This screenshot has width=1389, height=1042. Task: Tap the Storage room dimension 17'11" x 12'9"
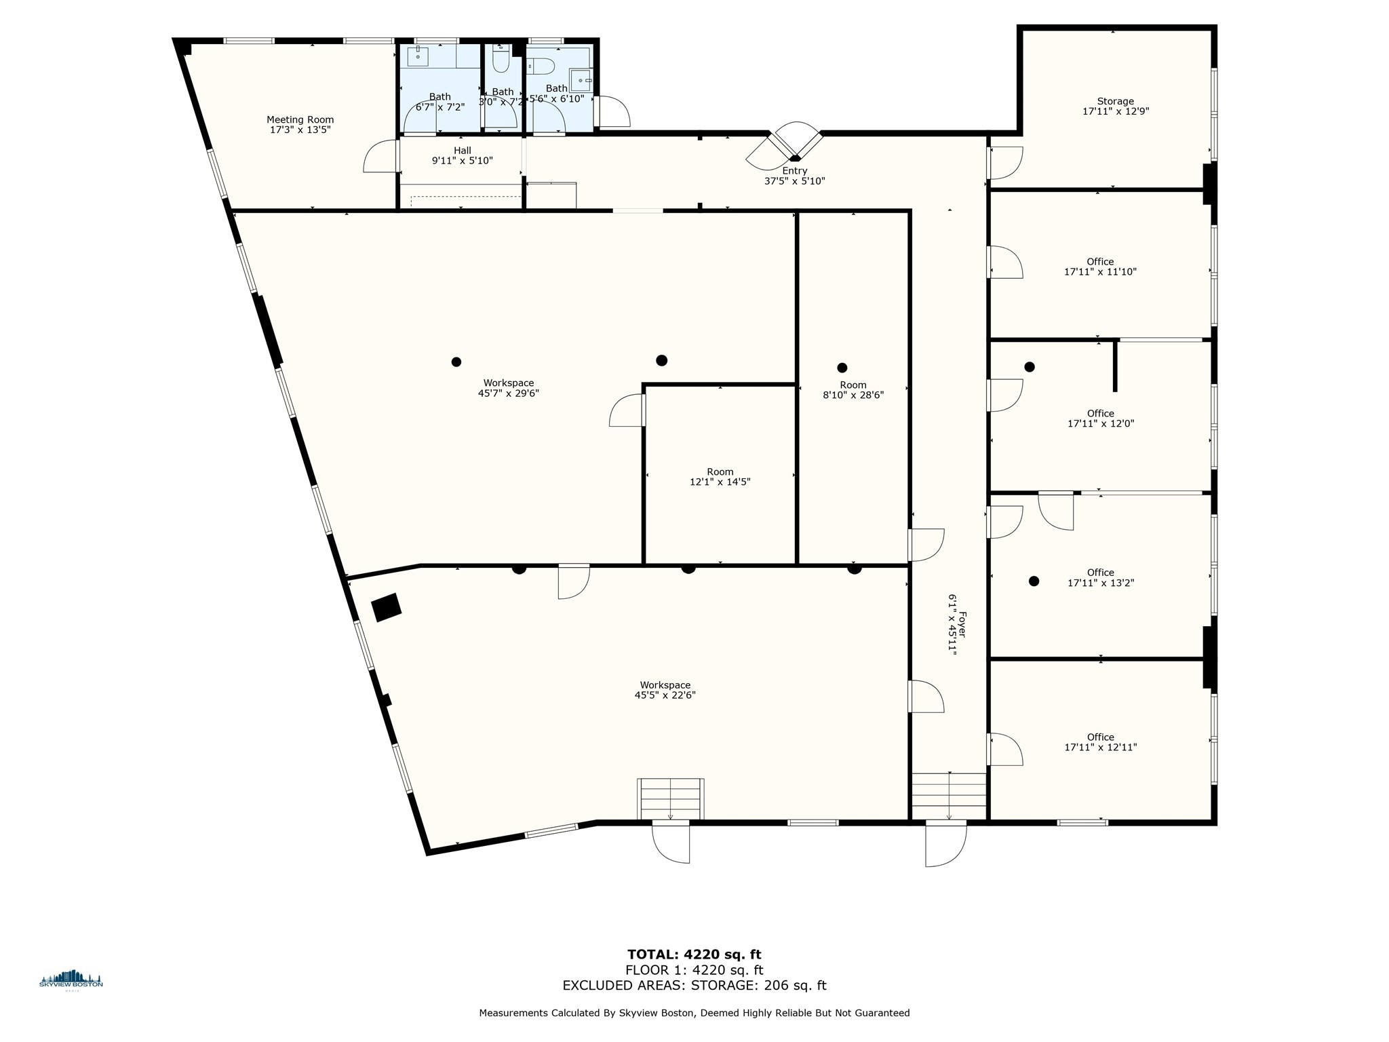click(1116, 112)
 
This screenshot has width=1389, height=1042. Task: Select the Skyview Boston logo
click(71, 980)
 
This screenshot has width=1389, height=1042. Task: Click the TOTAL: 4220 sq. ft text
click(694, 954)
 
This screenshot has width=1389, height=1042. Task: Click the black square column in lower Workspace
click(387, 607)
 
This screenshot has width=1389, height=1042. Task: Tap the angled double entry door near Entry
click(785, 146)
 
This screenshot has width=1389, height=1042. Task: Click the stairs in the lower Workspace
click(670, 798)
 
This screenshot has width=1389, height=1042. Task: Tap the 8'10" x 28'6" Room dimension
click(853, 395)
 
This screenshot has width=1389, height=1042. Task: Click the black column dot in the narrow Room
click(842, 368)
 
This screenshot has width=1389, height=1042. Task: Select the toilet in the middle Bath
click(501, 62)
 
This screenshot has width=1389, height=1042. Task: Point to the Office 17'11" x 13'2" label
click(1100, 577)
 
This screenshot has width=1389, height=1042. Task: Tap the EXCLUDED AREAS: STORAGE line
click(694, 986)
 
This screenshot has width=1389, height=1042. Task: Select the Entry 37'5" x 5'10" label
click(794, 176)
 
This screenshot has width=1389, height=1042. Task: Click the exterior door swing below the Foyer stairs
click(945, 845)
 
